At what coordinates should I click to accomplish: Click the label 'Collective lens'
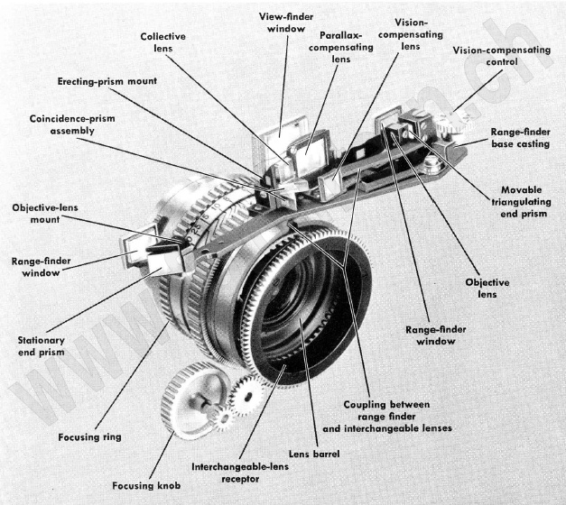pos(163,42)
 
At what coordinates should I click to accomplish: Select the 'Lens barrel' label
pos(316,454)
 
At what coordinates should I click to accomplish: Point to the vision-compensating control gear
pos(444,135)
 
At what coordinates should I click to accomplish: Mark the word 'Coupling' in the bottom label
pos(363,403)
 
